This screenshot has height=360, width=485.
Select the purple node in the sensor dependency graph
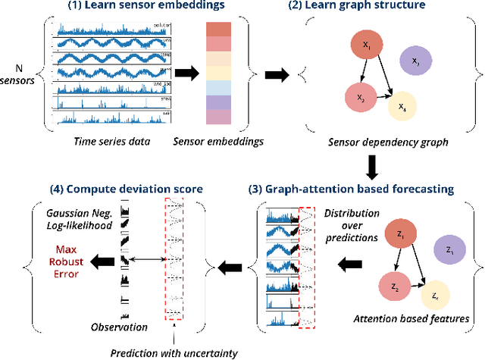tap(415, 60)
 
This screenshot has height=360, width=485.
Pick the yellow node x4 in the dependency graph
tap(402, 108)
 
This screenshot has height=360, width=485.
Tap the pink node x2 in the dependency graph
tap(361, 97)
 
